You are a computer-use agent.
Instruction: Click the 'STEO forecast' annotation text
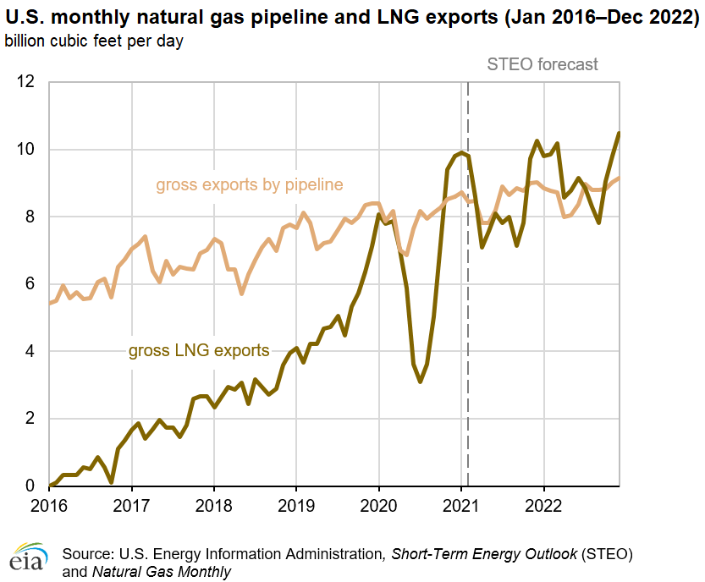tap(543, 64)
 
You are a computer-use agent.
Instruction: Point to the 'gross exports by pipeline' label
tap(249, 184)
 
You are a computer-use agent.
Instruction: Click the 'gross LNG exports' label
tap(199, 350)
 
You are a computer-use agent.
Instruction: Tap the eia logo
tap(28, 558)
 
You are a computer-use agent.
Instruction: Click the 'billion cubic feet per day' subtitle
tap(95, 40)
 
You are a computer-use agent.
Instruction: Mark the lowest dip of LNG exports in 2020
tap(420, 382)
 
